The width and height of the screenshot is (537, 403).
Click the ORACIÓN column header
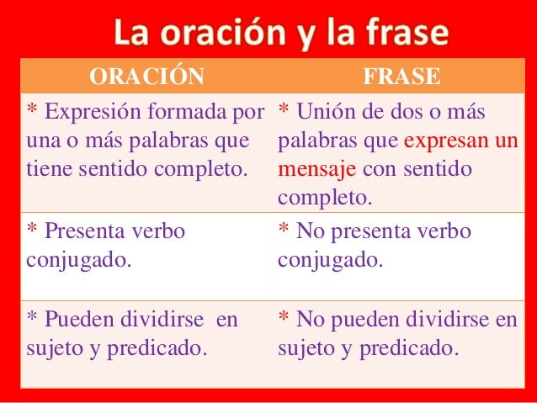(146, 77)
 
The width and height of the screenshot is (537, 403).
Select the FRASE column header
(401, 77)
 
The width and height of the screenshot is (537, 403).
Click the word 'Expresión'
(91, 111)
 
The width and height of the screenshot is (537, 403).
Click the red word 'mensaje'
(318, 169)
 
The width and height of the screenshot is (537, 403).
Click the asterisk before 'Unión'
(284, 109)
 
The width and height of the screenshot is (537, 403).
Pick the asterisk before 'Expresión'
(32, 109)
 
